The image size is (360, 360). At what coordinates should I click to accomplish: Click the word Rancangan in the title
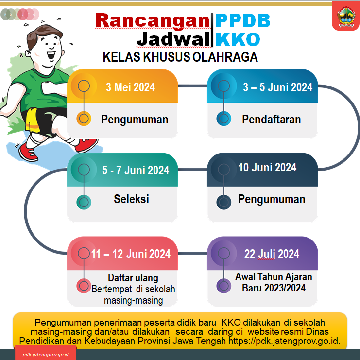(153, 21)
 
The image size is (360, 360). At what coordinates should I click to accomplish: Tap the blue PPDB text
(243, 21)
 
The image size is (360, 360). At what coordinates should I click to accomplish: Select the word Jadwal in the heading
(173, 39)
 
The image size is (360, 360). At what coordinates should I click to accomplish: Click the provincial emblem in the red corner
(346, 17)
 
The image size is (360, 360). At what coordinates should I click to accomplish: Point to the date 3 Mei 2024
(130, 87)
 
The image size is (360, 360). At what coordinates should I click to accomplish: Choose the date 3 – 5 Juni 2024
(278, 87)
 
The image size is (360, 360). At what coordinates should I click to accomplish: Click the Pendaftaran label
(272, 120)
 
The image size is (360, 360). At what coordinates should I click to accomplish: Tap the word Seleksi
(131, 199)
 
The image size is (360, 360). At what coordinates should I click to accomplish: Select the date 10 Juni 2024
(267, 168)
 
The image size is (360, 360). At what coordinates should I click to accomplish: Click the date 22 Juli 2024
(272, 254)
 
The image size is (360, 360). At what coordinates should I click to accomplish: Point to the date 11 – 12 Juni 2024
(131, 254)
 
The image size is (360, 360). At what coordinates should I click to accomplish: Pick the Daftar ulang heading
(133, 278)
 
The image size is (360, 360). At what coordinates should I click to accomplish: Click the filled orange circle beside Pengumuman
(84, 119)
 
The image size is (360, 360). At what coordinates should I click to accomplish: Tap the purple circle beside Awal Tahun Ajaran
(224, 286)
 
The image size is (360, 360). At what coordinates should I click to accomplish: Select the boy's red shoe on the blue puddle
(29, 152)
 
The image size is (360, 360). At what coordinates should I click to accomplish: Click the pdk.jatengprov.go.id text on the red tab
(46, 355)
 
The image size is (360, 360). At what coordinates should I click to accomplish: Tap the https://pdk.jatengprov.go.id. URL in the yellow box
(284, 341)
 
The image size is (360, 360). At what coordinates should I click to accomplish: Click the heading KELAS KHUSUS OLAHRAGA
(180, 57)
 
